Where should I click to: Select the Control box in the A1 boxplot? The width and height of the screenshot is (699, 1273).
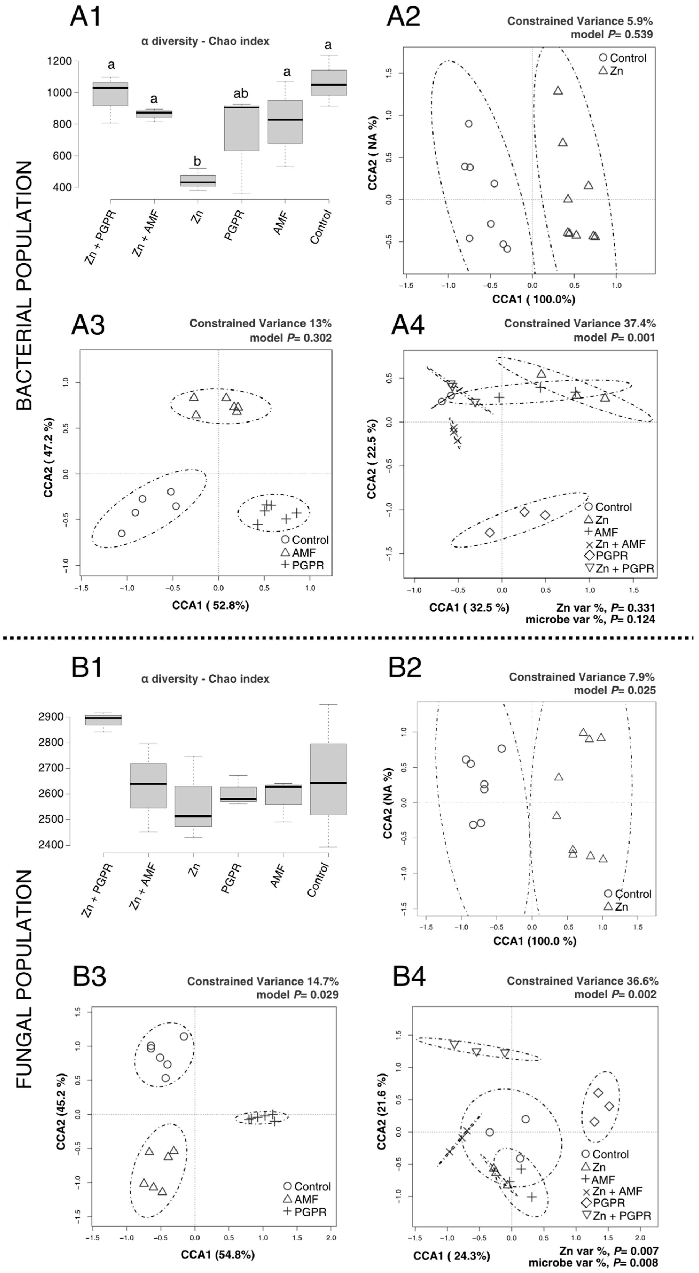point(328,83)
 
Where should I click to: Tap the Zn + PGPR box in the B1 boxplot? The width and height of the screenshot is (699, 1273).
point(103,720)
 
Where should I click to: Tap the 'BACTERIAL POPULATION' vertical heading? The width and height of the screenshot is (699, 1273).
point(24,285)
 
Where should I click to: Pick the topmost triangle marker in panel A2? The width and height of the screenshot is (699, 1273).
point(558,91)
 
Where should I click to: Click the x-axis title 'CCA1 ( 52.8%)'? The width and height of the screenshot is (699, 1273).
point(210,605)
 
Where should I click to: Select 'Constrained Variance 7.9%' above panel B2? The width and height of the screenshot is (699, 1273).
point(581,677)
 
